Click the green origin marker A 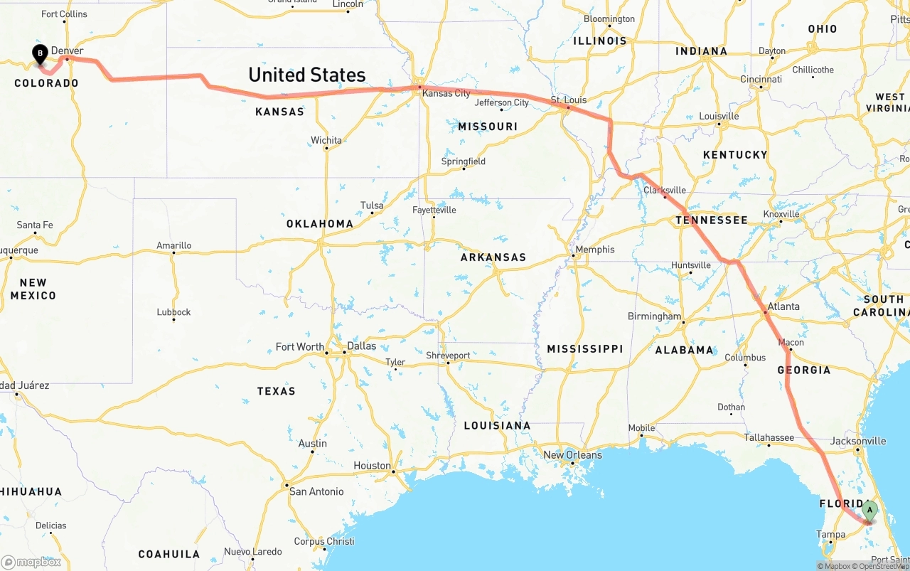point(869,510)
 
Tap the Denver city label point(67,50)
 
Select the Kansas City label point(446,93)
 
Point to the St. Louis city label point(569,100)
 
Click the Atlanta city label point(783,306)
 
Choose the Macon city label point(791,342)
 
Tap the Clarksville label point(665,190)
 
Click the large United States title point(306,75)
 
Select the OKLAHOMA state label point(319,223)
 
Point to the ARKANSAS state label point(493,257)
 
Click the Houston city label point(372,466)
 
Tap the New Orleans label point(572,455)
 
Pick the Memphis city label point(595,250)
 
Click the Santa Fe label point(34,225)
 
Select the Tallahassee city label point(769,437)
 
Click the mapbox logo point(31,562)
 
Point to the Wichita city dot point(326,149)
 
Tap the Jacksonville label point(858,441)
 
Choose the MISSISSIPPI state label point(584,348)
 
